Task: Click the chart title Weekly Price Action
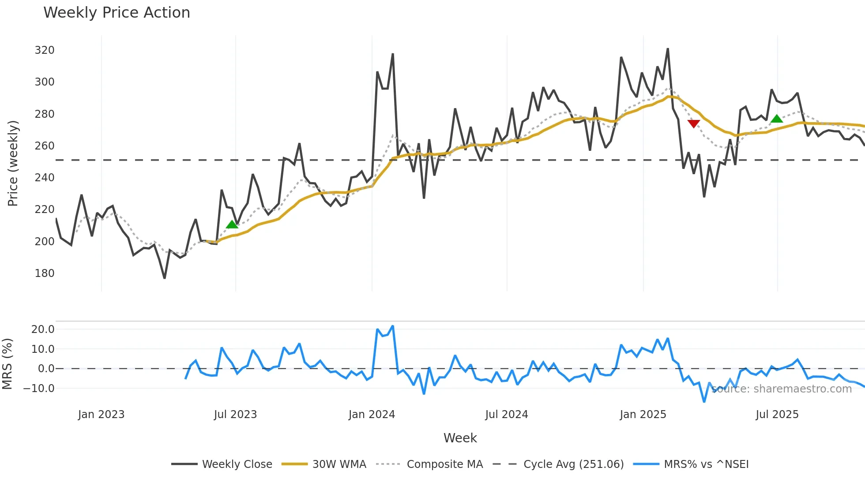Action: pyautogui.click(x=117, y=12)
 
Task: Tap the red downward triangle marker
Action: pyautogui.click(x=694, y=123)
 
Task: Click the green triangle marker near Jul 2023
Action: pyautogui.click(x=232, y=224)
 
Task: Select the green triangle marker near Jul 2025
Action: pyautogui.click(x=777, y=118)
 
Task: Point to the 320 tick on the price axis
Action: pyautogui.click(x=45, y=50)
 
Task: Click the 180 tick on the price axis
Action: pyautogui.click(x=45, y=273)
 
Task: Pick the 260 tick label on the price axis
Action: pyautogui.click(x=45, y=146)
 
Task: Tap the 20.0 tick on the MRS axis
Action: pyautogui.click(x=43, y=329)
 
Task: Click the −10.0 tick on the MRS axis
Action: pyautogui.click(x=39, y=389)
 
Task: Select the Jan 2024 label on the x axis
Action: pyautogui.click(x=372, y=415)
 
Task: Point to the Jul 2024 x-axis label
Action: pyautogui.click(x=507, y=415)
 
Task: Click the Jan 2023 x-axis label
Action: pyautogui.click(x=102, y=415)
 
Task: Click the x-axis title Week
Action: pyautogui.click(x=460, y=438)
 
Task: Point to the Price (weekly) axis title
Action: pyautogui.click(x=13, y=163)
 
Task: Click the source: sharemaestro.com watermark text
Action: pyautogui.click(x=781, y=389)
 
